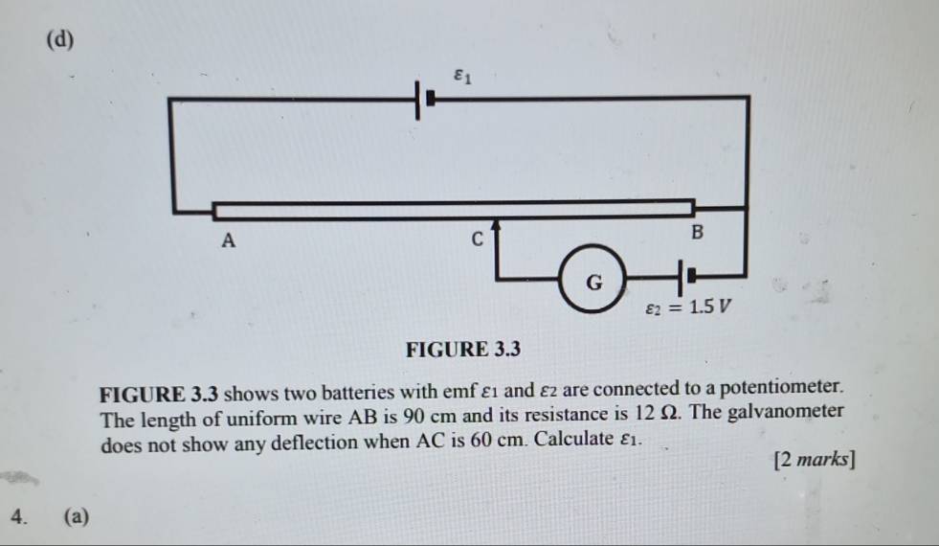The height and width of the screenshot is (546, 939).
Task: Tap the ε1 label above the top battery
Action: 462,76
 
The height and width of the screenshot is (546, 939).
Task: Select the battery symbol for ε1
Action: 425,100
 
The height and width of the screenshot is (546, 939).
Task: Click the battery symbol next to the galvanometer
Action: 687,276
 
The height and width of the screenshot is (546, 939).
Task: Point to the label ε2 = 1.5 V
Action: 688,307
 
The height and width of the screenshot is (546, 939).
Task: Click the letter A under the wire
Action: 228,240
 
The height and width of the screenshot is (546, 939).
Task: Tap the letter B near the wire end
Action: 697,232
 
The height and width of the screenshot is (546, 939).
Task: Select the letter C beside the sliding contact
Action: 477,239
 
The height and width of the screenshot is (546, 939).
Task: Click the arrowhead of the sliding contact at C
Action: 495,223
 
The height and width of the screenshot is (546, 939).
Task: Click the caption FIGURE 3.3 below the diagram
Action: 463,349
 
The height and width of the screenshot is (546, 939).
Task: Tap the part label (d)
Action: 60,39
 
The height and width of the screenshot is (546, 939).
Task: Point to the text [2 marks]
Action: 815,460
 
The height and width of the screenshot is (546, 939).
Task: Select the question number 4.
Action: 19,516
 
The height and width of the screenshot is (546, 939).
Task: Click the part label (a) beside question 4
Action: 77,516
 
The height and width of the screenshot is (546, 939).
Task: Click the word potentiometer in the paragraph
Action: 781,388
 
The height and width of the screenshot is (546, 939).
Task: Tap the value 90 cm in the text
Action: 423,416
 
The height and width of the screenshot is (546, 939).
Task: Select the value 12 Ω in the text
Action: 655,413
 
